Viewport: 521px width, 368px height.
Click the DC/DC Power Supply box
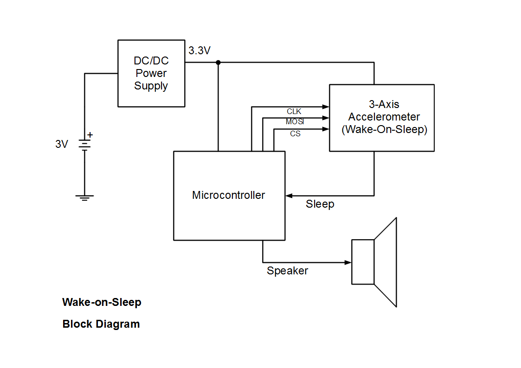(151, 73)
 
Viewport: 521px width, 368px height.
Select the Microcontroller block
(229, 195)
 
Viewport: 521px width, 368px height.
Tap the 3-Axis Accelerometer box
(381, 117)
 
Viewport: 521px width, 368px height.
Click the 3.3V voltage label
(199, 51)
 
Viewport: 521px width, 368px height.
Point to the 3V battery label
(62, 144)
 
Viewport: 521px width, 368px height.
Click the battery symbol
(84, 145)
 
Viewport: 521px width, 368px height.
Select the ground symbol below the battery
(84, 198)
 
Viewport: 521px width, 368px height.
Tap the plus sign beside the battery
(90, 135)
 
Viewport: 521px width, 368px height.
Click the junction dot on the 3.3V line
(218, 62)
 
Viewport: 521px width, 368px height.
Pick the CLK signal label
(294, 112)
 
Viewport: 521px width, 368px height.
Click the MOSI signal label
(295, 122)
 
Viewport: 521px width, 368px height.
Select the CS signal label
(295, 134)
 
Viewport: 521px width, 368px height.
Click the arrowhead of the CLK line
(326, 107)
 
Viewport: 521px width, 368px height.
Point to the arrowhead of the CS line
(326, 129)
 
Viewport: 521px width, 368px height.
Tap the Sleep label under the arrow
(320, 204)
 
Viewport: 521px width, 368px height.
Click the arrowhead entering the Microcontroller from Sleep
(289, 196)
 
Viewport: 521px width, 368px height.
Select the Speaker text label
(287, 271)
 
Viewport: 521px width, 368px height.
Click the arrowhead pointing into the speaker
(348, 262)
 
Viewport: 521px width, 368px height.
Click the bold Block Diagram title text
(101, 324)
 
